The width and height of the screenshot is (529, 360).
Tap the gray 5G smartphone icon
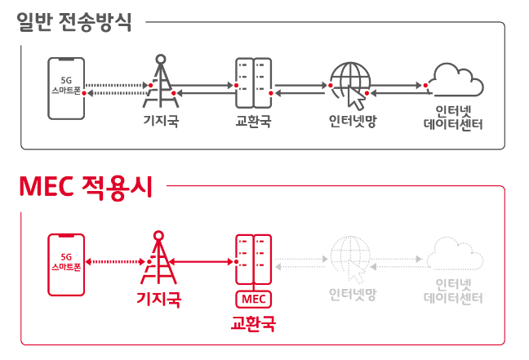(x=66, y=87)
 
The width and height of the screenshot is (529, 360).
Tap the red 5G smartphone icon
(x=66, y=264)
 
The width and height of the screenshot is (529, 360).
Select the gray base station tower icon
(x=161, y=82)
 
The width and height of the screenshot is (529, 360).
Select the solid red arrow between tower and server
(x=204, y=261)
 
